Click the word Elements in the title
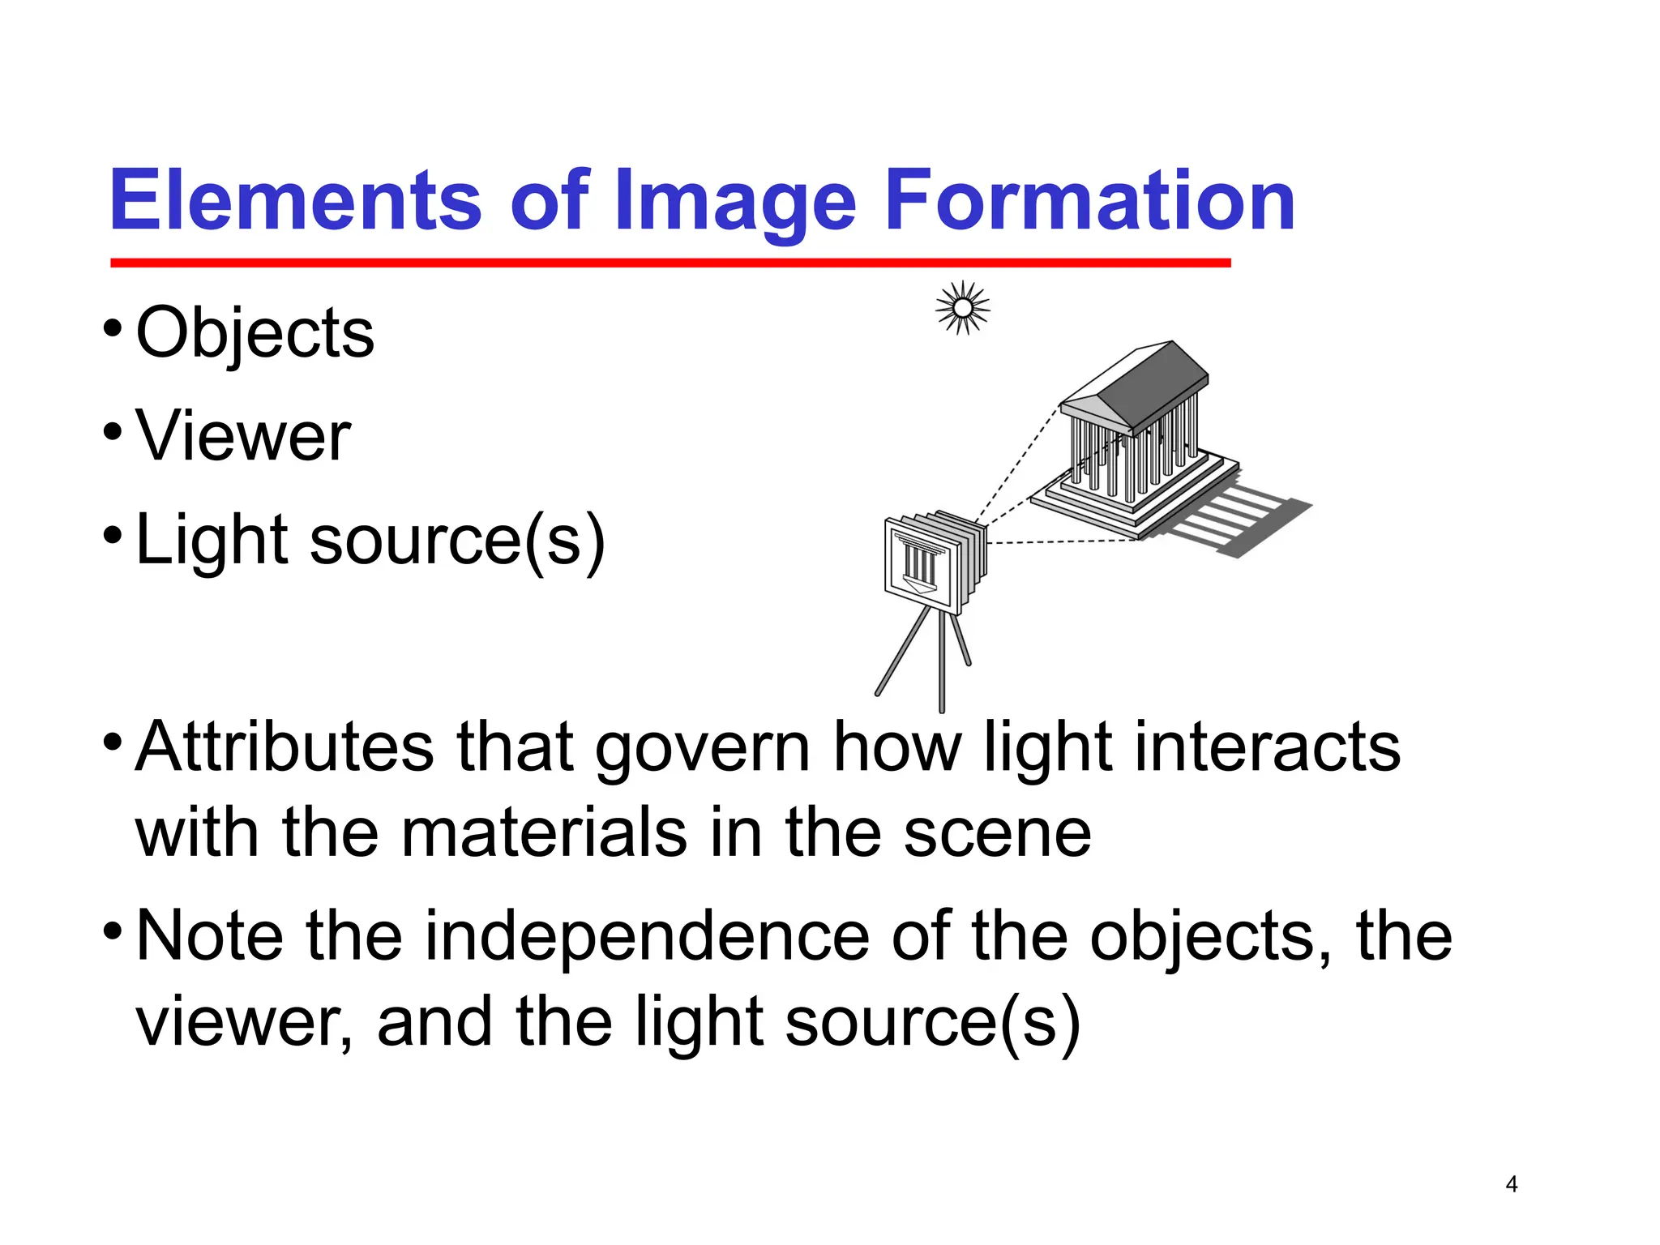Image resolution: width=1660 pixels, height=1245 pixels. pos(295,200)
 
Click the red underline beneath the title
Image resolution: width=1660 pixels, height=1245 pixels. pos(670,263)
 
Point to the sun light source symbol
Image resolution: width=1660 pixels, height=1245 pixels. pos(962,308)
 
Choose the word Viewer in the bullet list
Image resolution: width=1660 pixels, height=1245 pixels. pos(243,436)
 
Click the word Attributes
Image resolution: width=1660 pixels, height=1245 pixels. pos(285,747)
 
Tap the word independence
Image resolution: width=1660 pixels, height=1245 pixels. pos(647,936)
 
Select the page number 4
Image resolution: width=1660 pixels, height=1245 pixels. pos(1511,1184)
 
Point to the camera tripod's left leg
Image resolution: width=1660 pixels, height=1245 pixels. pos(901,652)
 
